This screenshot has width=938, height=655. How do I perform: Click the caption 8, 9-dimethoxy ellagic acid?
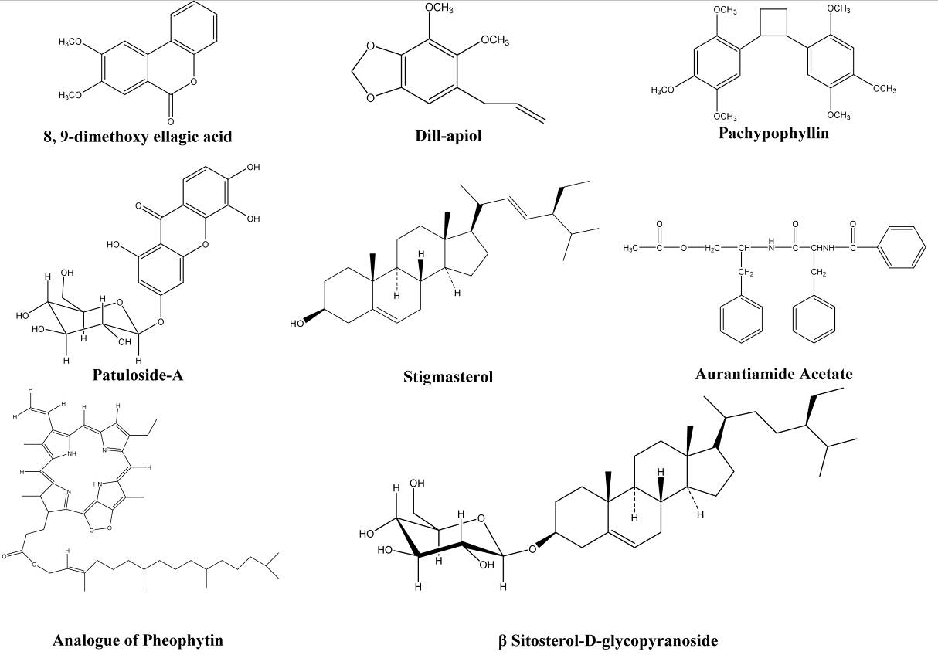(x=138, y=137)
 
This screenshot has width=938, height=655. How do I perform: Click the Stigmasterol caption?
(x=447, y=377)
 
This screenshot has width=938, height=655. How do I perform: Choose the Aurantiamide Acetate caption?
(x=773, y=374)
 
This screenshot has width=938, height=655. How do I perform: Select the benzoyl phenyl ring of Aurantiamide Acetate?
(x=902, y=248)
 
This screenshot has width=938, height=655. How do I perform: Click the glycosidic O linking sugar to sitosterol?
(x=532, y=550)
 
